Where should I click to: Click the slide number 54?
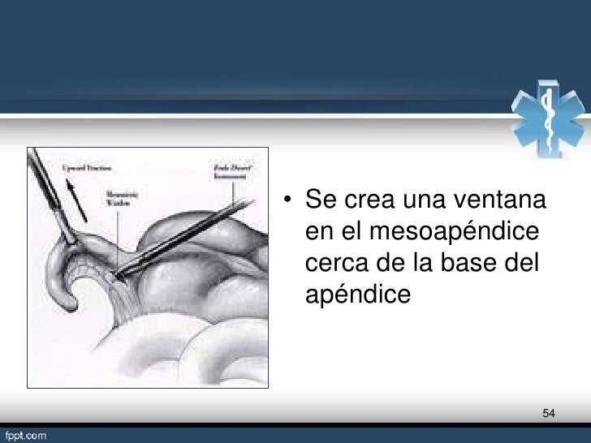click(549, 415)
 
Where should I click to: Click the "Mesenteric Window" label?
click(119, 200)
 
